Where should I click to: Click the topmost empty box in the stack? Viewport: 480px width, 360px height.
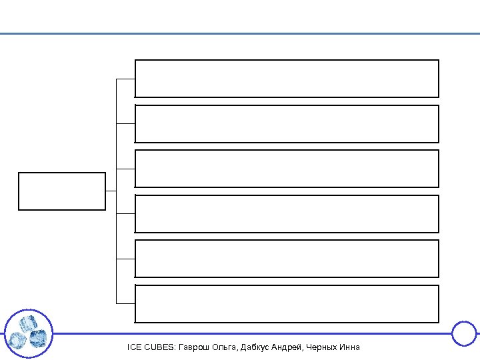coord(287,79)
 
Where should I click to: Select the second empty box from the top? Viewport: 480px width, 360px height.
coord(287,124)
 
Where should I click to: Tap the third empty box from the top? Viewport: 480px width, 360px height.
coord(287,169)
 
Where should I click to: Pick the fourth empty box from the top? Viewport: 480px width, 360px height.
coord(287,213)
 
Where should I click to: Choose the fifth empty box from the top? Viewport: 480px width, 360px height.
coord(287,259)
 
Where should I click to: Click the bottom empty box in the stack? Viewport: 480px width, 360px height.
coord(287,304)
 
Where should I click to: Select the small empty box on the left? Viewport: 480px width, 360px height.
coord(62,191)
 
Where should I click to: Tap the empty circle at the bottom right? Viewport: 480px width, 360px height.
coord(464,333)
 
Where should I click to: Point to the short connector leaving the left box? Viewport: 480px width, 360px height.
coord(111,191)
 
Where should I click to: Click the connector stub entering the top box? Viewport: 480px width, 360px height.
coord(126,79)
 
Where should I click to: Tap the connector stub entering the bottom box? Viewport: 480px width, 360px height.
coord(126,304)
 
